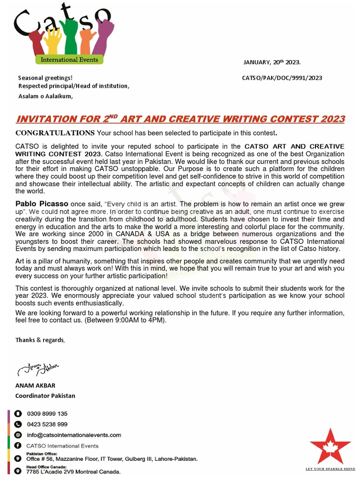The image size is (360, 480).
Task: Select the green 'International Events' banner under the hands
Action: (69, 60)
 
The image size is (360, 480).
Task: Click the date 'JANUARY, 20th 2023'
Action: (272, 62)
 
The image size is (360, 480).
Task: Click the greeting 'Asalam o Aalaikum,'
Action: (45, 97)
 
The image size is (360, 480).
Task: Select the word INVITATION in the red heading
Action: (46, 119)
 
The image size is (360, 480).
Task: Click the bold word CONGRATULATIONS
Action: (55, 133)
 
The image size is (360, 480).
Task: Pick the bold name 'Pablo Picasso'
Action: (42, 204)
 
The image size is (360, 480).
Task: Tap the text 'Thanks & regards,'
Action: (40, 340)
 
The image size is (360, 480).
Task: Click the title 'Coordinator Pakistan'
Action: (45, 396)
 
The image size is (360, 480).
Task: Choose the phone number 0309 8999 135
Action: (47, 414)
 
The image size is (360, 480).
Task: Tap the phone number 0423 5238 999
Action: (47, 424)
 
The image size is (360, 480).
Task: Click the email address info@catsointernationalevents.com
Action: (74, 435)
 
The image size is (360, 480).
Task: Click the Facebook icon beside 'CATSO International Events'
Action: (18, 445)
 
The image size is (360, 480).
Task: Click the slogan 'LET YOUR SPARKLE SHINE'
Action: (330, 469)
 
